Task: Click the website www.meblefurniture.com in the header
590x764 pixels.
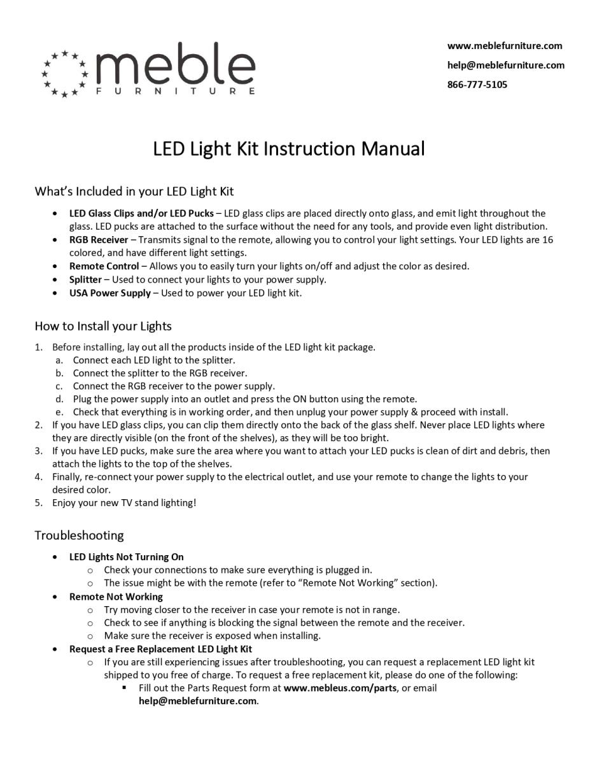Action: (x=505, y=46)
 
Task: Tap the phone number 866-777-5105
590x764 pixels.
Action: (x=477, y=85)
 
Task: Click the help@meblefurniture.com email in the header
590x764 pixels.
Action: (x=505, y=65)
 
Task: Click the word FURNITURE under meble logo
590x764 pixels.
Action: (x=176, y=91)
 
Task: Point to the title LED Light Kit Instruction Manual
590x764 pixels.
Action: (x=288, y=149)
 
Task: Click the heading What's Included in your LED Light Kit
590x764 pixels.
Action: (x=134, y=191)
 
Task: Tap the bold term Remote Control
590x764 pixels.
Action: (x=104, y=266)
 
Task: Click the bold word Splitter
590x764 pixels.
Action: (x=85, y=279)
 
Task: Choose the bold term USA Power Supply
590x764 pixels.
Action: (x=110, y=293)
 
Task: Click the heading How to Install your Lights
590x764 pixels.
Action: (x=103, y=326)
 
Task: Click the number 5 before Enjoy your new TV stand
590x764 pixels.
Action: (x=38, y=503)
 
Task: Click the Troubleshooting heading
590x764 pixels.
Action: (x=79, y=535)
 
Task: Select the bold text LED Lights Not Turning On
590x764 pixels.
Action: (x=126, y=557)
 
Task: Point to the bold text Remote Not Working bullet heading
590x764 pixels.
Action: (x=116, y=597)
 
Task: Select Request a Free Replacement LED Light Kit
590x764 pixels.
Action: (x=160, y=649)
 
